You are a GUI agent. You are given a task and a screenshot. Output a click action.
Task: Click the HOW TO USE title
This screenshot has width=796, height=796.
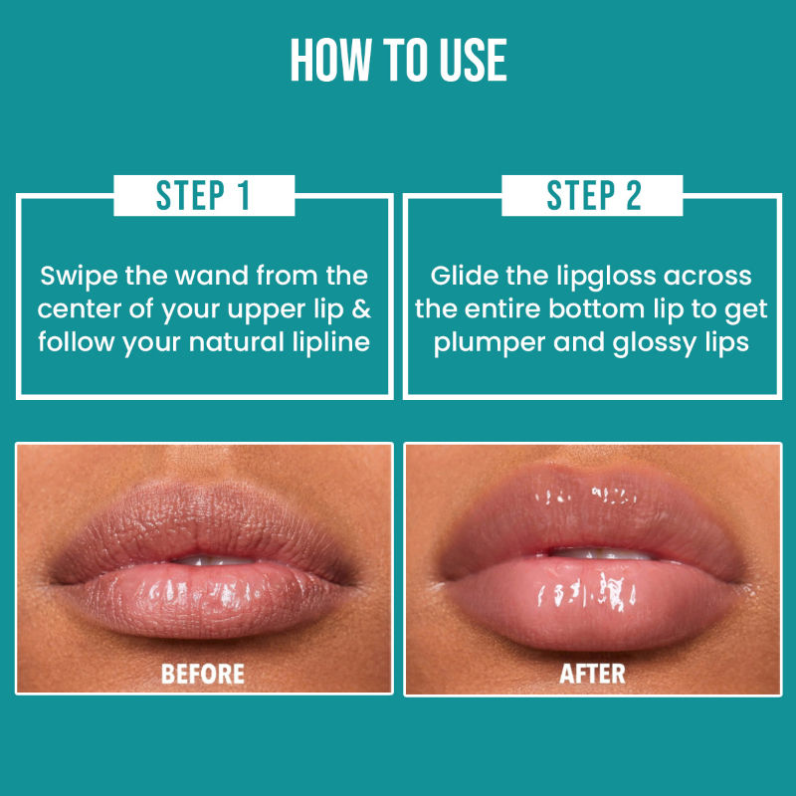[x=399, y=60]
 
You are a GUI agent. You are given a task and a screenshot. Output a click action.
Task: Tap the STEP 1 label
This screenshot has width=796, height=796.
[x=204, y=195]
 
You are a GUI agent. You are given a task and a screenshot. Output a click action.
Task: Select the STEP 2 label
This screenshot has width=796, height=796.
[x=593, y=195]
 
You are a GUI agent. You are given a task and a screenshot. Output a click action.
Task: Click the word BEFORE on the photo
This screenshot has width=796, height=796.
[x=203, y=675]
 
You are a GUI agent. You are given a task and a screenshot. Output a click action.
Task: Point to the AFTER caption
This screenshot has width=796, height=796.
[x=592, y=675]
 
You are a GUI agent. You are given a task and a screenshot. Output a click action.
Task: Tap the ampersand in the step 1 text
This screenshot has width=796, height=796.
[x=361, y=309]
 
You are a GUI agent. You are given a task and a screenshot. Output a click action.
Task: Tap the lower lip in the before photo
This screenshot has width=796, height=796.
[x=203, y=599]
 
